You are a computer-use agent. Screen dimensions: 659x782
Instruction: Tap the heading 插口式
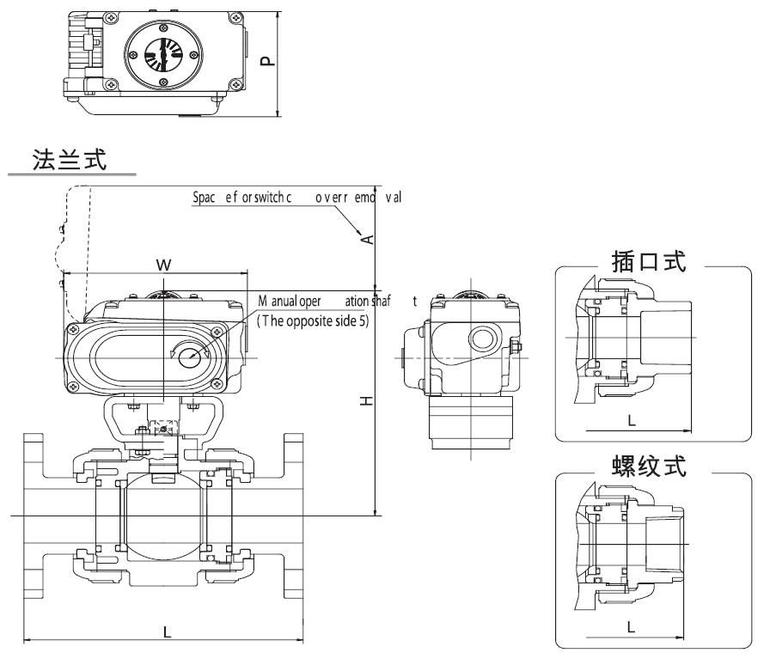tap(649, 261)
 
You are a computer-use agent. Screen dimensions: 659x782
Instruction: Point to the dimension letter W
tap(163, 265)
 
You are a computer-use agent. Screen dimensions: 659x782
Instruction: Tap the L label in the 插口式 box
tap(631, 420)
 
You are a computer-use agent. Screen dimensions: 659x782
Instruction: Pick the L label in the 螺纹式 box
tap(631, 626)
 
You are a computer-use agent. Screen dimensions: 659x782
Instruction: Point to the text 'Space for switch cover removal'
tap(297, 198)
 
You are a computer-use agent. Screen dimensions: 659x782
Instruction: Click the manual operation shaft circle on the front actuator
tap(191, 353)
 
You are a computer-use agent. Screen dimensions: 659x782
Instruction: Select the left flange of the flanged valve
tap(34, 515)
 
